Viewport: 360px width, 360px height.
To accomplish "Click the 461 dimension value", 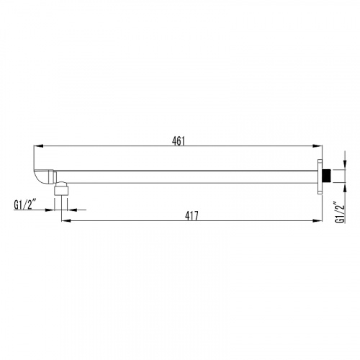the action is click(179, 141).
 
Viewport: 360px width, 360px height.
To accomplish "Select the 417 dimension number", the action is click(192, 216).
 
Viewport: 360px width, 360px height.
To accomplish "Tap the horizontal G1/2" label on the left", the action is click(25, 205).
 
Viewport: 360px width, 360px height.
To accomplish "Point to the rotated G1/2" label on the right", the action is click(340, 214).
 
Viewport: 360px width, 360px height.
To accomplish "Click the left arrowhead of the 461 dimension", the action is click(38, 146).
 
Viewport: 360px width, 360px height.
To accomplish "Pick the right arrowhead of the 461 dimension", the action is click(317, 146).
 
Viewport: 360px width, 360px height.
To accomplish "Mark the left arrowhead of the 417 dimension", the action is click(66, 220).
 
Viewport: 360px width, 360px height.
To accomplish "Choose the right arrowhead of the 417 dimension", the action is click(317, 220).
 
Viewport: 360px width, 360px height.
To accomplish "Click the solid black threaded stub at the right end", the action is click(326, 176).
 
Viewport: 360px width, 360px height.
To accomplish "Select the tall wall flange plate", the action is click(320, 176).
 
